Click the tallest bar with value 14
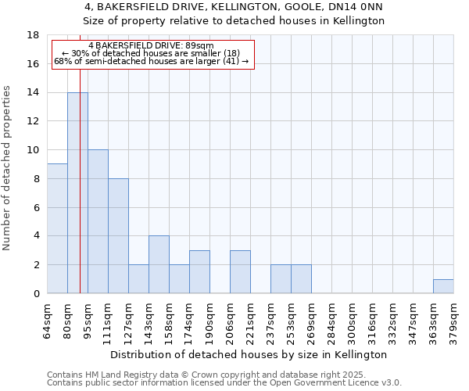coord(77,192)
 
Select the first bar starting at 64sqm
coord(57,228)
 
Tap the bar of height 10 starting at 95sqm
coord(98,221)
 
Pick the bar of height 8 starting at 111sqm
coord(118,235)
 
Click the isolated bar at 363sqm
coord(443,286)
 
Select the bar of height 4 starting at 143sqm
coord(159,264)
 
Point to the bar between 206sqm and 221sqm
coord(240,271)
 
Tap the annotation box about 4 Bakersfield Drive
coord(153,53)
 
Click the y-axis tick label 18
coord(33,35)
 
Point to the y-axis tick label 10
coord(33,150)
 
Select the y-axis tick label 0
coord(36,294)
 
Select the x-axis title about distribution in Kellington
coord(250,354)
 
